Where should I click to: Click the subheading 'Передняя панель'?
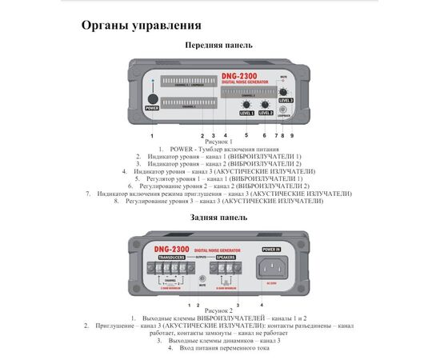[219, 46]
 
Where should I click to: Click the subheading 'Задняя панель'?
[219, 217]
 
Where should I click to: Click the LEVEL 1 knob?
[246, 105]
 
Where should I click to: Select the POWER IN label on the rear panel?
[270, 249]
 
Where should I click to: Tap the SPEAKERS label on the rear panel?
[226, 258]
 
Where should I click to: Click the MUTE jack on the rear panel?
[201, 278]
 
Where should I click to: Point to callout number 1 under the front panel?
[151, 137]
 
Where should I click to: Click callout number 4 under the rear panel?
[261, 305]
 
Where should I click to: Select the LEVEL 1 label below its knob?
[246, 114]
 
